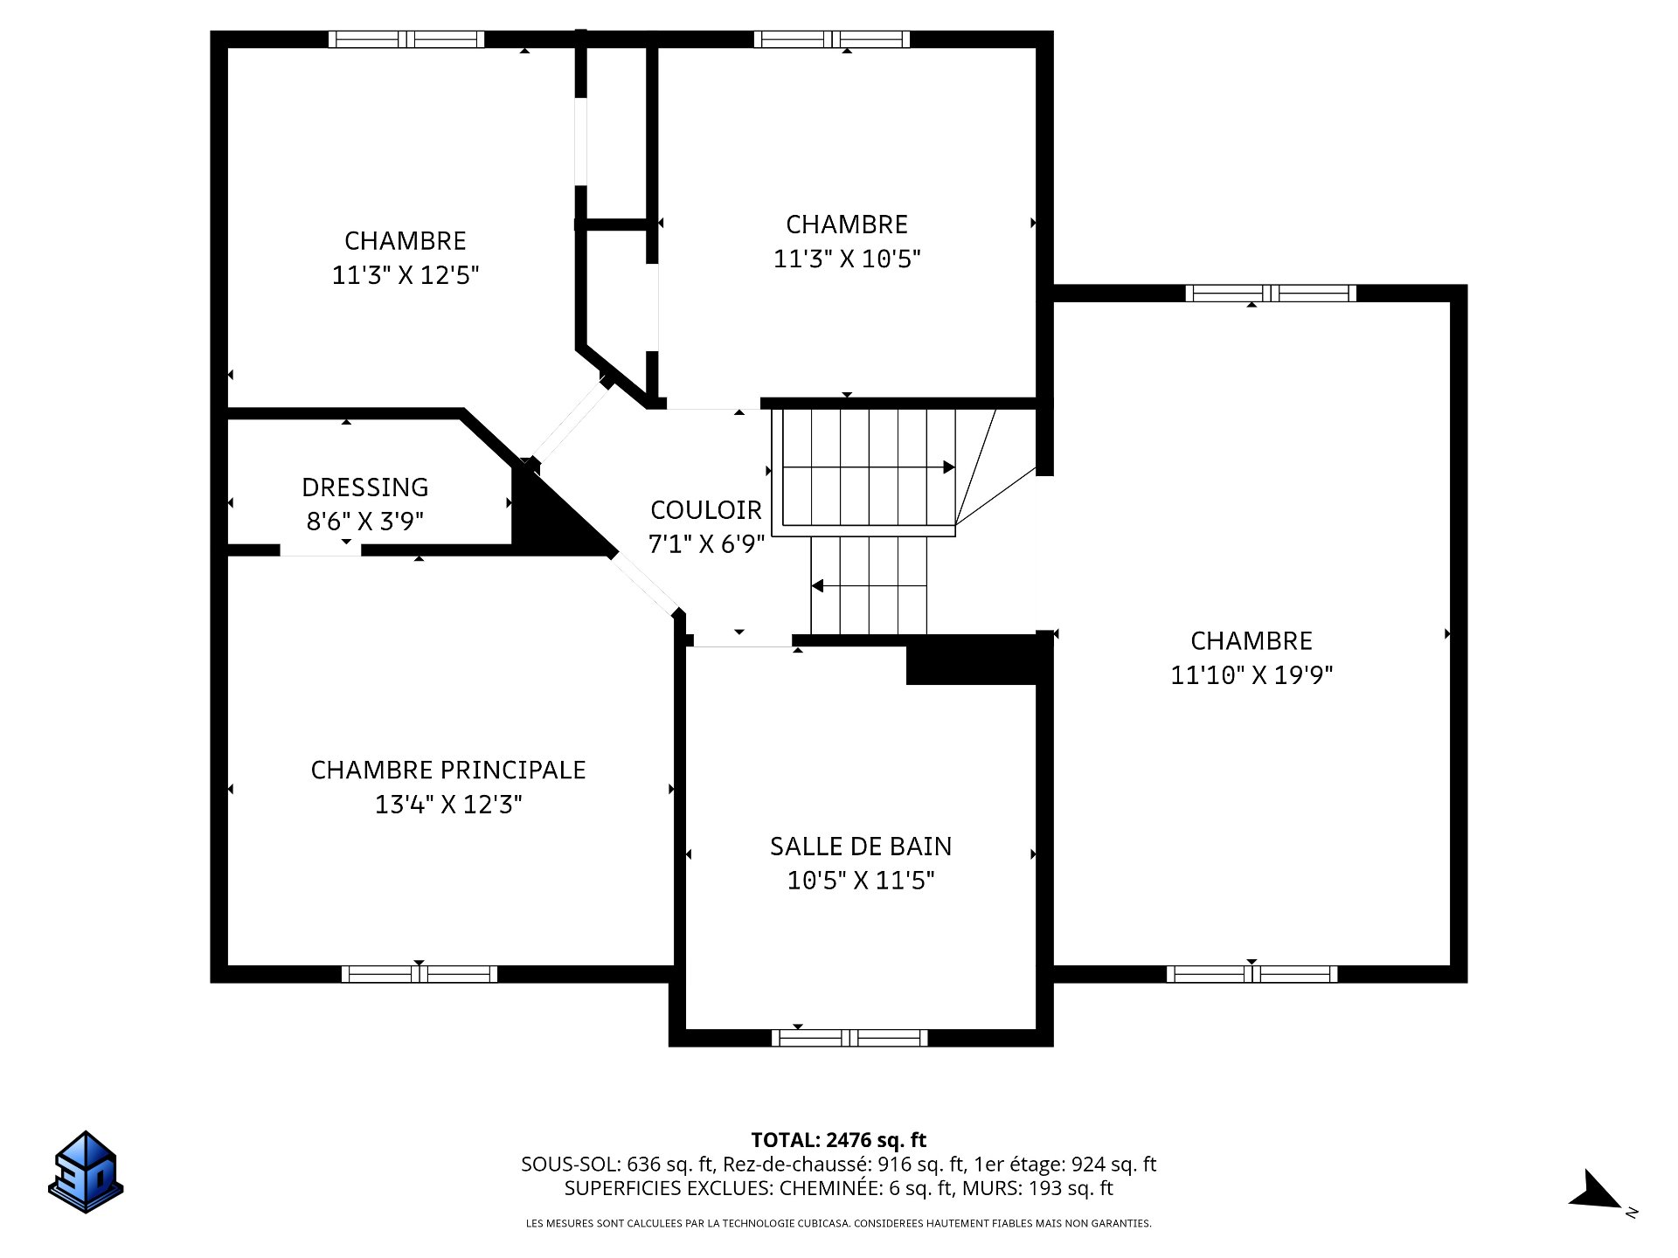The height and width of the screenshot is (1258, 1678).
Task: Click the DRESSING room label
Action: pyautogui.click(x=365, y=487)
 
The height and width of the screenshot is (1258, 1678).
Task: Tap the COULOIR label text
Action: pyautogui.click(x=706, y=509)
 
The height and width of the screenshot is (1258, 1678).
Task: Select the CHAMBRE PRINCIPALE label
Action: pyautogui.click(x=448, y=770)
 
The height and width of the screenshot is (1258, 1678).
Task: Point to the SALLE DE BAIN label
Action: pyautogui.click(x=861, y=846)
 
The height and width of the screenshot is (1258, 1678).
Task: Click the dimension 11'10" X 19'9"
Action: pyautogui.click(x=1252, y=675)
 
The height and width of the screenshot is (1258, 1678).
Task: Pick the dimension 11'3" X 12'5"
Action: pyautogui.click(x=406, y=275)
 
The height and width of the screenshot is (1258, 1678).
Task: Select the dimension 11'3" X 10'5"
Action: pyautogui.click(x=847, y=259)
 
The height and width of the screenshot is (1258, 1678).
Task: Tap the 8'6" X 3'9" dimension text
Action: pyautogui.click(x=365, y=522)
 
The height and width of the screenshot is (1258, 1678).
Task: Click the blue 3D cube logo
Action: pyautogui.click(x=86, y=1172)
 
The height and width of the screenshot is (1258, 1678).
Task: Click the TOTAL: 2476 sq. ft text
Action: pyautogui.click(x=839, y=1140)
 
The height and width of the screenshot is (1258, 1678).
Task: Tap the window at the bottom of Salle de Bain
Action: pyautogui.click(x=849, y=1038)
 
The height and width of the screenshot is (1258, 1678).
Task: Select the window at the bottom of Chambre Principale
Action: pyautogui.click(x=419, y=974)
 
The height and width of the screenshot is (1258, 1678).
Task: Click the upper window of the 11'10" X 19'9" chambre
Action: pyautogui.click(x=1271, y=294)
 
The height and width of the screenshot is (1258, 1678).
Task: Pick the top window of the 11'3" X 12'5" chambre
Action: pyautogui.click(x=406, y=39)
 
